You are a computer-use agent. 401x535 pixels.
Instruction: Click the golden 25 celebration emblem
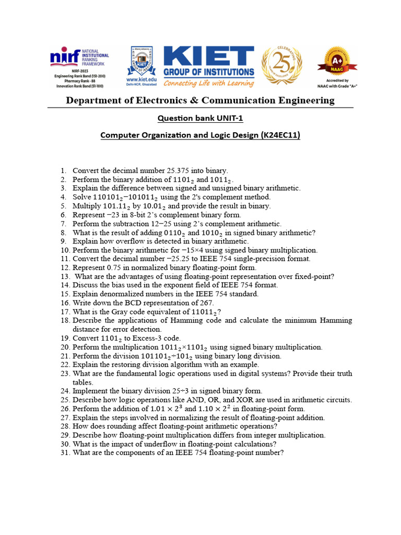281,65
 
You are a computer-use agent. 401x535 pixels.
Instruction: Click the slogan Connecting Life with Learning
209,83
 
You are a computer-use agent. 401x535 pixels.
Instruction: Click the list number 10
65,250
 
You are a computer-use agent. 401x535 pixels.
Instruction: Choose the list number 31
65,453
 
